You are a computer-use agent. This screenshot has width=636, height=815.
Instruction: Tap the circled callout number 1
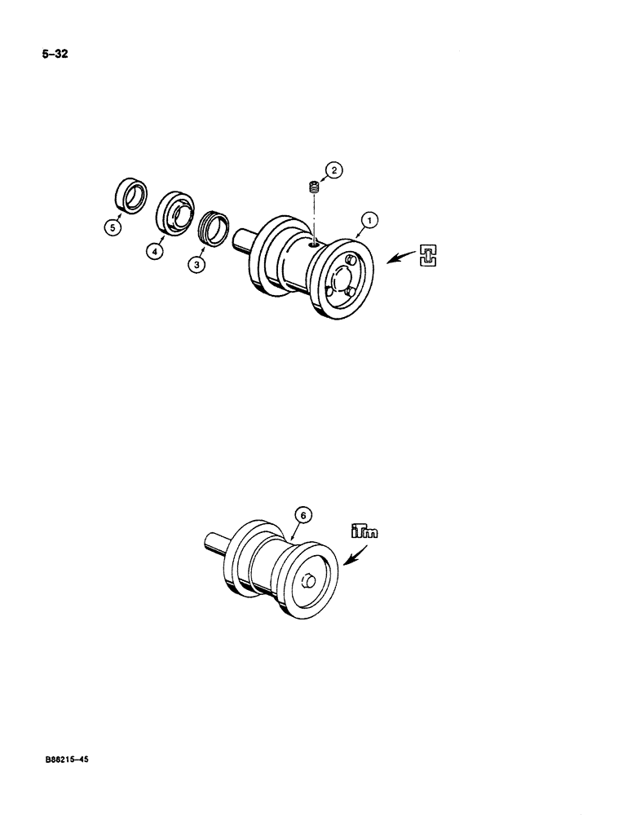(x=369, y=219)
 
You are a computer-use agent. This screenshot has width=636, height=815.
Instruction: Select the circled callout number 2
(x=333, y=170)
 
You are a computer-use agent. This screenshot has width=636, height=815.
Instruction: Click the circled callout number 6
(x=302, y=515)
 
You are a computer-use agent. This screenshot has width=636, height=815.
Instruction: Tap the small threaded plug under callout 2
(x=311, y=189)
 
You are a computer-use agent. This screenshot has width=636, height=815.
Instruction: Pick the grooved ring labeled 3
(x=214, y=227)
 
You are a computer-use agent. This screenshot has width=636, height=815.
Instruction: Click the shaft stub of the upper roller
(x=242, y=243)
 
